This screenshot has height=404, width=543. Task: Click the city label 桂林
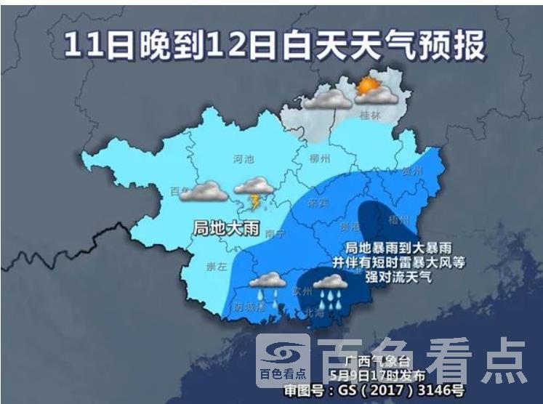click(370, 116)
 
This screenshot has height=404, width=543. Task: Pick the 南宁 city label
click(275, 233)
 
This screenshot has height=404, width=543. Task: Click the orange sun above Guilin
click(369, 86)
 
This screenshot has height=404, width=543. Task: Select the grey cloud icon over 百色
click(204, 191)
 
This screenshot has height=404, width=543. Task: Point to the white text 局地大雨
click(226, 228)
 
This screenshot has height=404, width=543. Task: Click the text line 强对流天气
click(398, 277)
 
